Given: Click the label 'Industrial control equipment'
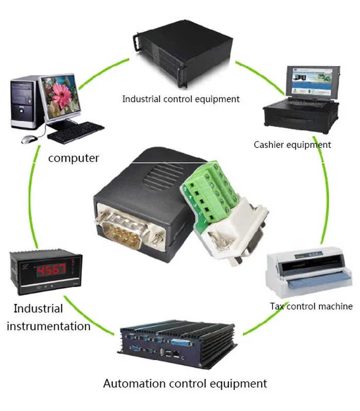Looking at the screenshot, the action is [181, 99].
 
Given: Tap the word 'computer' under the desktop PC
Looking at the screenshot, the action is [74, 158].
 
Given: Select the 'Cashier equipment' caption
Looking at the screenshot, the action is [292, 145].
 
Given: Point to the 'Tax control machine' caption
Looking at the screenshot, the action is [311, 306].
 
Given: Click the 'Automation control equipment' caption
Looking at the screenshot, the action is [185, 383].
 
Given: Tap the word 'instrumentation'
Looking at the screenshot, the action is [48, 326].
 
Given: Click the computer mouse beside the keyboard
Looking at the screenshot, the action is [29, 139].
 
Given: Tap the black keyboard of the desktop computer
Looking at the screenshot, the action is [76, 132].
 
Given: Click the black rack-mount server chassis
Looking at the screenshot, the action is [184, 54].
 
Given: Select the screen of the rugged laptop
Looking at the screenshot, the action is [312, 81].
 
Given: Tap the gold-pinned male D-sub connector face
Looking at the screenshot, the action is [122, 231].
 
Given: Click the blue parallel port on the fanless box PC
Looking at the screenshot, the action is [182, 343].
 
